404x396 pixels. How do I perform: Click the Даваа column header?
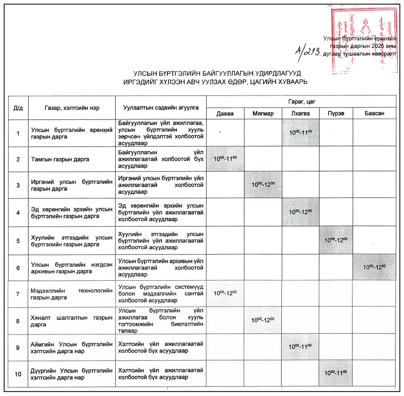(x=225, y=114)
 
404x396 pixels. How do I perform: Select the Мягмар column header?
(x=263, y=114)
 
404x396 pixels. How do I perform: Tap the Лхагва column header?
(x=300, y=114)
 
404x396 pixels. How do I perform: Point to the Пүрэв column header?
(x=336, y=114)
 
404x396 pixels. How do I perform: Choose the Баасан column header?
(x=374, y=114)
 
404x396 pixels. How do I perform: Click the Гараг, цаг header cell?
(x=301, y=102)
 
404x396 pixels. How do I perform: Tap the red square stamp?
(x=364, y=40)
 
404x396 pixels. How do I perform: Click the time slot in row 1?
(x=301, y=133)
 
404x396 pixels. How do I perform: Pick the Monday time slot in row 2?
(x=225, y=159)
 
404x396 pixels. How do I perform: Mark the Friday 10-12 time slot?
(x=374, y=267)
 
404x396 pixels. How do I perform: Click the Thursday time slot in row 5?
(x=336, y=240)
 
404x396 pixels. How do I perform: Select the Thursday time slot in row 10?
(x=336, y=373)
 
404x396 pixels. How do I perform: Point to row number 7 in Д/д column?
(x=18, y=294)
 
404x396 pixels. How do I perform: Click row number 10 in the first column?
(x=18, y=374)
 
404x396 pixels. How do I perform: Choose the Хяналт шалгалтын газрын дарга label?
(x=71, y=321)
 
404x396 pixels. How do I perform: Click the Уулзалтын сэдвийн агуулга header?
(x=161, y=108)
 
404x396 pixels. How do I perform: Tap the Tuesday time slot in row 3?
(x=263, y=184)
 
